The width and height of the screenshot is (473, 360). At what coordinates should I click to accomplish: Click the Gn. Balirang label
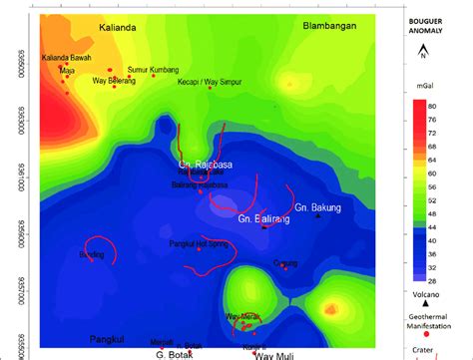click(263, 217)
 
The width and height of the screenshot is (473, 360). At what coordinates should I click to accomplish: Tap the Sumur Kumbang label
click(154, 70)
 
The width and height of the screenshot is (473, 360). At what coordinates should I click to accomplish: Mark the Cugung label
click(285, 262)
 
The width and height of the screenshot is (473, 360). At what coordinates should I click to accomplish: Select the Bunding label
click(91, 254)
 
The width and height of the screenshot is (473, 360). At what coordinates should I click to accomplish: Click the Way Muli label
click(274, 354)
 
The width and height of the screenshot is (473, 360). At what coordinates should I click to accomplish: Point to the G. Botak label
click(173, 354)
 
